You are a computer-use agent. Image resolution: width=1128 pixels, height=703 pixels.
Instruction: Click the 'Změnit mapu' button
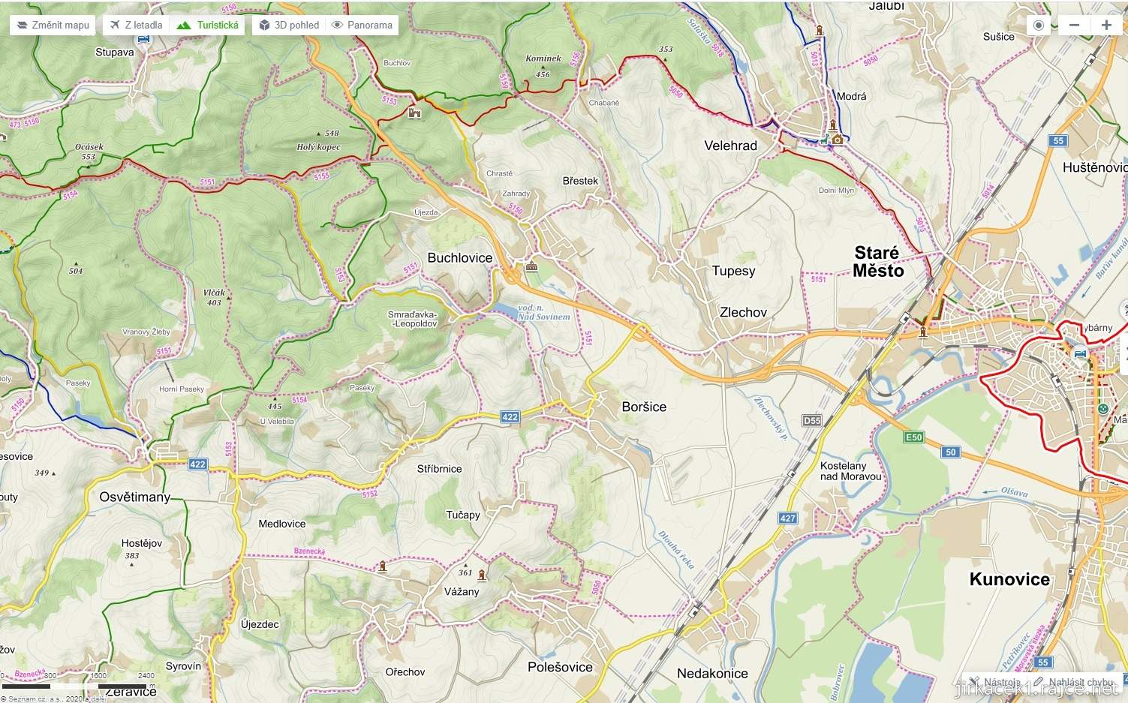pyautogui.click(x=53, y=25)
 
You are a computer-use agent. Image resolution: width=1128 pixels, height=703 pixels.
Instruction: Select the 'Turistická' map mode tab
pyautogui.click(x=208, y=25)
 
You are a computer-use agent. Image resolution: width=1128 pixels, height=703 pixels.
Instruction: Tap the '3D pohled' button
pyautogui.click(x=289, y=25)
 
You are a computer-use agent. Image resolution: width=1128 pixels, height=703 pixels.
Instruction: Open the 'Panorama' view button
pyautogui.click(x=362, y=25)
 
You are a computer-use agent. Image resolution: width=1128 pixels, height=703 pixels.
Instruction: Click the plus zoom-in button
pyautogui.click(x=1105, y=25)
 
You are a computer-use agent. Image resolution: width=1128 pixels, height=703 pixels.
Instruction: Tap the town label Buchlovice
pyautogui.click(x=459, y=258)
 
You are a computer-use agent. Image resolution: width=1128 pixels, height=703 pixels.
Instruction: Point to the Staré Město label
pyautogui.click(x=877, y=262)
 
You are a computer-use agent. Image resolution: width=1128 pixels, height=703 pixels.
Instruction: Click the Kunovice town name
pyautogui.click(x=1009, y=579)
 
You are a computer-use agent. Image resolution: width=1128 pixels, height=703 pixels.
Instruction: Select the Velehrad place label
pyautogui.click(x=730, y=146)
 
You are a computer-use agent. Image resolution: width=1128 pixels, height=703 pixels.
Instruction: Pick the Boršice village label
pyautogui.click(x=644, y=407)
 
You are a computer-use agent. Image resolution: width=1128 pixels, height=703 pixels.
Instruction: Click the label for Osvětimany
pyautogui.click(x=134, y=497)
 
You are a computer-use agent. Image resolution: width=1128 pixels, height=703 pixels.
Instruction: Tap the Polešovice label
pyautogui.click(x=560, y=667)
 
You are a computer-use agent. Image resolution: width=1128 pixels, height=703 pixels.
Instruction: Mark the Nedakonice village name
pyautogui.click(x=712, y=674)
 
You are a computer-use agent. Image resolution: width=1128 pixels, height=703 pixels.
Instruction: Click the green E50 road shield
pyautogui.click(x=913, y=437)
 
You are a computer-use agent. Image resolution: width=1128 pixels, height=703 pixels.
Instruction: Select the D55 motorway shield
pyautogui.click(x=812, y=421)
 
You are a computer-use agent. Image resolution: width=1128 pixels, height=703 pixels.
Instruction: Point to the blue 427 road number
pyautogui.click(x=787, y=518)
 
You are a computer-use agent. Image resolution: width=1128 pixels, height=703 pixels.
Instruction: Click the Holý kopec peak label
pyautogui.click(x=318, y=147)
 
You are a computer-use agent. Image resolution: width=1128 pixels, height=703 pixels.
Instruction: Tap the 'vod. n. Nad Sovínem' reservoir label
pyautogui.click(x=543, y=312)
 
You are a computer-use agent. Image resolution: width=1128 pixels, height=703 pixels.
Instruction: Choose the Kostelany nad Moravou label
pyautogui.click(x=850, y=471)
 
